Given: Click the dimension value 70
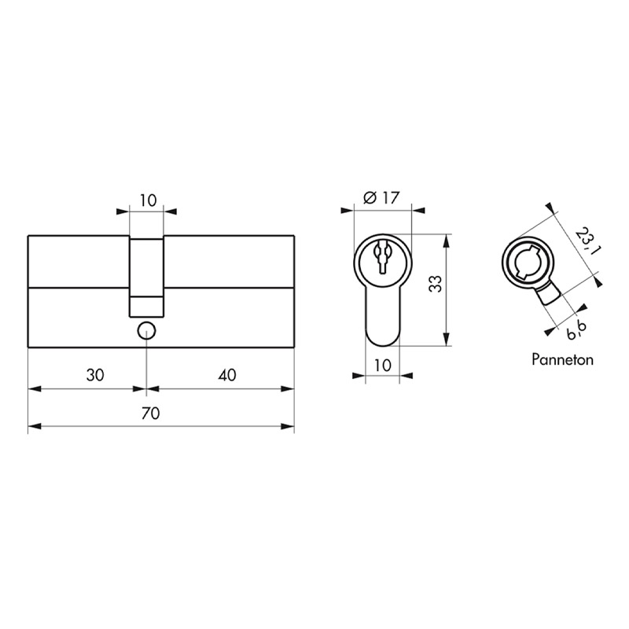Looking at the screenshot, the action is (x=151, y=413).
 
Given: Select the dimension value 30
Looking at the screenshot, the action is (x=95, y=375).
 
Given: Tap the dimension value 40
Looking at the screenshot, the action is (x=227, y=375).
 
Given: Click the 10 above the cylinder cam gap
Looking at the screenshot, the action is (x=148, y=200).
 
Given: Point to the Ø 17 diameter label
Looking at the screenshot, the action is (x=381, y=198).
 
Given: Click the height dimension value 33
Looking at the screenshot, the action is (x=436, y=284).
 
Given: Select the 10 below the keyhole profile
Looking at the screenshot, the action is (x=383, y=366).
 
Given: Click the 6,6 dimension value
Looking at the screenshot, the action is (x=576, y=329).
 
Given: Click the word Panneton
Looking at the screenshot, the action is (x=562, y=359).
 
